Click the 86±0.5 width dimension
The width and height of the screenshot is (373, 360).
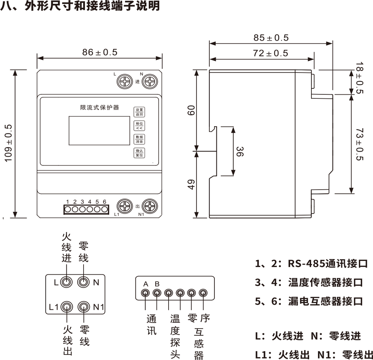click(100, 53)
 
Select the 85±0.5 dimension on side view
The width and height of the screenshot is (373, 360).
click(271, 38)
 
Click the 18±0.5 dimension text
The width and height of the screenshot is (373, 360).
click(359, 78)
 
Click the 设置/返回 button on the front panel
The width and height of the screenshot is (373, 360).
click(139, 112)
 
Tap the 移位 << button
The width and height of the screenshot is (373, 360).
click(139, 126)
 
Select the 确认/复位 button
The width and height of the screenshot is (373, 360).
click(139, 153)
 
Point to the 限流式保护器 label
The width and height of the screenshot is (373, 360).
click(99, 107)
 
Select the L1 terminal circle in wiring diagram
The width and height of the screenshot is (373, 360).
click(67, 307)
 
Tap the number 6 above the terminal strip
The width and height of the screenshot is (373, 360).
click(104, 202)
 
